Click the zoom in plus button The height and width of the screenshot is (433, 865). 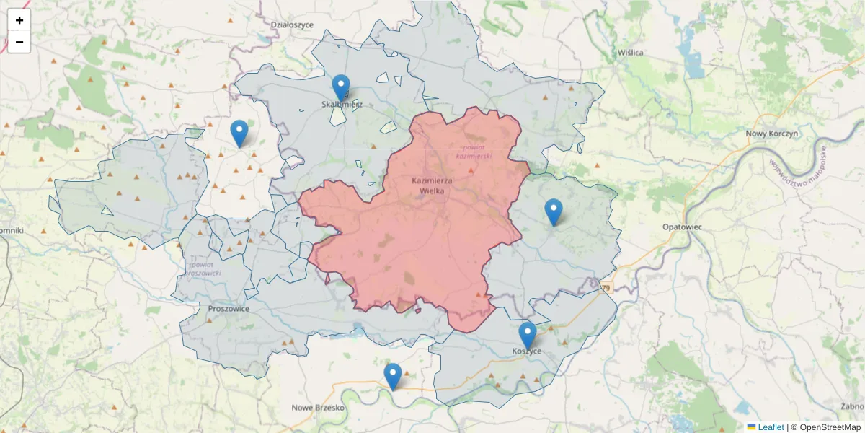click(x=19, y=20)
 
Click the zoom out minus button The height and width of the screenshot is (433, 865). click(x=19, y=42)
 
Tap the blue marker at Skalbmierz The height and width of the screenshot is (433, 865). click(x=341, y=89)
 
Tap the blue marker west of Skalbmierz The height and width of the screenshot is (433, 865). click(x=239, y=134)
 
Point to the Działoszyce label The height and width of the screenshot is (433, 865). click(x=292, y=24)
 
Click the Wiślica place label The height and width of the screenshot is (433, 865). click(x=631, y=53)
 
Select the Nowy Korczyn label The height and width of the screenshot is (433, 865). click(x=771, y=134)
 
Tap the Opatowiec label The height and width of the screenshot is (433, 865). click(x=682, y=227)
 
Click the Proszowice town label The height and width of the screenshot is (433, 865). click(x=228, y=308)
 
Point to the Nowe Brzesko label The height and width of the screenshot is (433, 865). click(x=319, y=408)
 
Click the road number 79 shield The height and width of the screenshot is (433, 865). click(x=606, y=288)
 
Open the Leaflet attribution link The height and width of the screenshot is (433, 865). click(x=770, y=427)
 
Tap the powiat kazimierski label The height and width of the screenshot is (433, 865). click(x=472, y=151)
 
